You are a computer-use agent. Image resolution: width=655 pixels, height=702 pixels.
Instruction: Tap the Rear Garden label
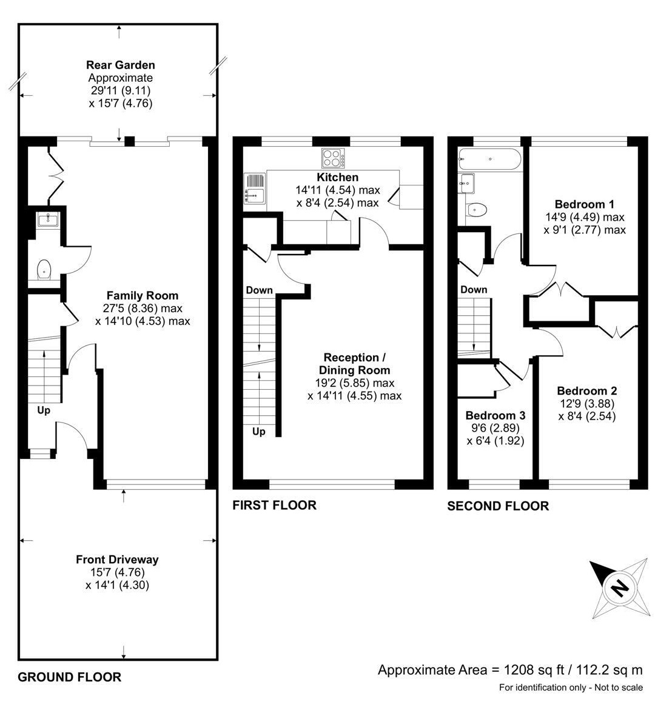120,65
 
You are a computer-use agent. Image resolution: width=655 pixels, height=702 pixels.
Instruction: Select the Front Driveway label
117,560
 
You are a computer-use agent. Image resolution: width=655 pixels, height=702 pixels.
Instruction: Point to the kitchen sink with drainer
255,189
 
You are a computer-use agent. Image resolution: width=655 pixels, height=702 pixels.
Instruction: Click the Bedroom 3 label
495,416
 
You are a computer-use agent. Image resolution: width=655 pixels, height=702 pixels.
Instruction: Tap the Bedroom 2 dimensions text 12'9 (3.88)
586,404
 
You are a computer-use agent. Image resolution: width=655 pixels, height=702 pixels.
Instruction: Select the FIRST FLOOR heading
274,505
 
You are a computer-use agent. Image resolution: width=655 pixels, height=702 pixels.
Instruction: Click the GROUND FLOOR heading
69,677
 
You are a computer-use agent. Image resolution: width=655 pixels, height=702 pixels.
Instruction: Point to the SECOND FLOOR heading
497,506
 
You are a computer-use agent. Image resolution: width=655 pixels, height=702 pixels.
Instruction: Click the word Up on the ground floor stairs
44,410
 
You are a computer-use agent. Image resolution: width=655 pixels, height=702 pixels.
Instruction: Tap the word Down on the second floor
474,290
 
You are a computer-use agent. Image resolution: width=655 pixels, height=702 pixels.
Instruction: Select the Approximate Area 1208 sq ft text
509,669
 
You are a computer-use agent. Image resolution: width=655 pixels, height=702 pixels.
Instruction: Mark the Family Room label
143,296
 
